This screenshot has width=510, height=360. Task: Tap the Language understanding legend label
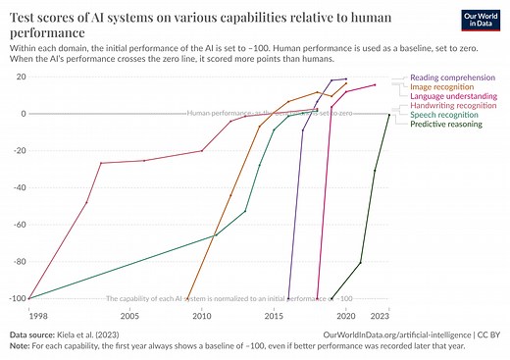tap(452, 97)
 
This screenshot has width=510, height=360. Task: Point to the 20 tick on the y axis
tap(20, 77)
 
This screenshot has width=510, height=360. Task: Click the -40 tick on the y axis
tap(18, 187)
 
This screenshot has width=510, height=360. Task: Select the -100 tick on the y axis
tap(16, 298)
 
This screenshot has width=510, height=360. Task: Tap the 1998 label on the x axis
tap(37, 316)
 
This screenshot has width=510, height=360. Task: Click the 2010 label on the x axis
tap(201, 316)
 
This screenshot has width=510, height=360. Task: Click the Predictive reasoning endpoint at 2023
tap(388, 115)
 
